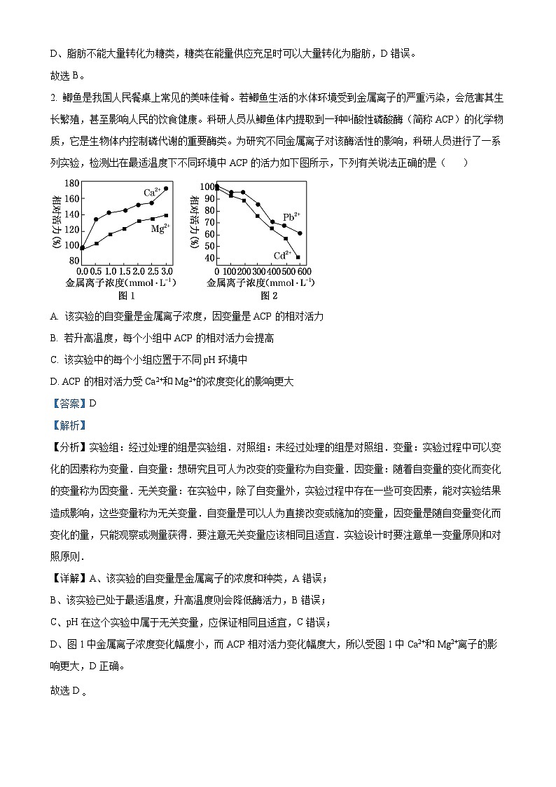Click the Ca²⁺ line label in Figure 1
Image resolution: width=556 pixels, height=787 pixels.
153,192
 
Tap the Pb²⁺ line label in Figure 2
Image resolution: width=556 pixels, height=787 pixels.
291,217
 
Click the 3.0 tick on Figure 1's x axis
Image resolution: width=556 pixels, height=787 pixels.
167,271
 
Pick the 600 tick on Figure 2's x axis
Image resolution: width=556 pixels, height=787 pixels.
304,271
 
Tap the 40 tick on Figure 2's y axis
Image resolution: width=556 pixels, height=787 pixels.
207,259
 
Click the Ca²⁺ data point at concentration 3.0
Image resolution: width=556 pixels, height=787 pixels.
166,189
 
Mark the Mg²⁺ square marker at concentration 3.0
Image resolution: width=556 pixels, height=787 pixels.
166,215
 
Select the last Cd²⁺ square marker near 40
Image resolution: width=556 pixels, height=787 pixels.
298,257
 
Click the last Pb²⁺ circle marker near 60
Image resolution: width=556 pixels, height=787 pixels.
300,233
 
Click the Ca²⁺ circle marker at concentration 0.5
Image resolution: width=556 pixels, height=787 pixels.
96,219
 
